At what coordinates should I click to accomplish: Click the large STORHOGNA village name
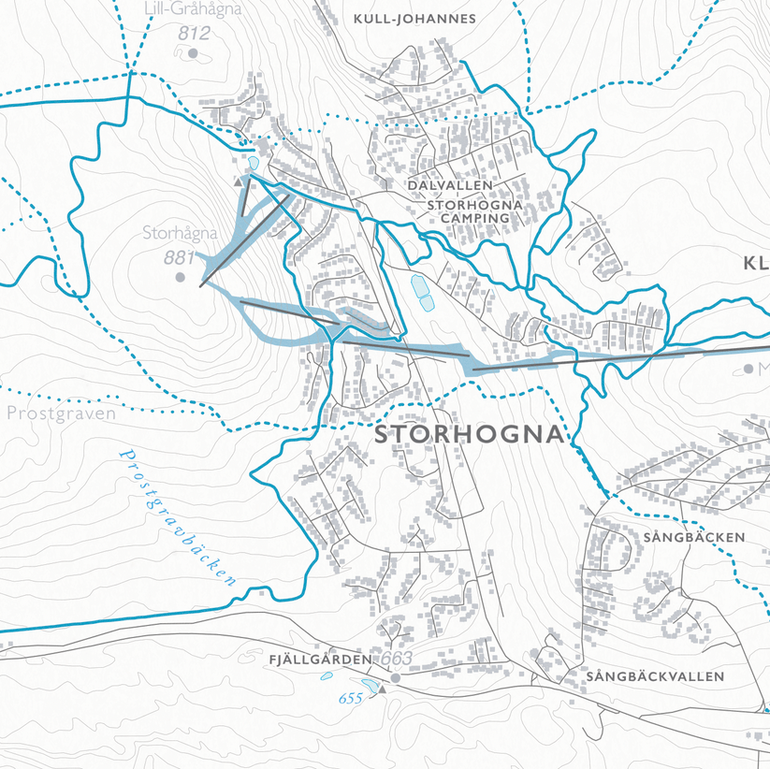tap(471, 435)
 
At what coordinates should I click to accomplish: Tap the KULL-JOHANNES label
tap(414, 18)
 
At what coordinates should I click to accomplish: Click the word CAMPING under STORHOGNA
tap(472, 218)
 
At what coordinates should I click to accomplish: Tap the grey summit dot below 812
tap(194, 53)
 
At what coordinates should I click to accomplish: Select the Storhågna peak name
tap(180, 233)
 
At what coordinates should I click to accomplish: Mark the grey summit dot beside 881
tap(180, 278)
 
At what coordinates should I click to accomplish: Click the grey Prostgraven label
tap(61, 413)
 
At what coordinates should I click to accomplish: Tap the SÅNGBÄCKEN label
tap(693, 537)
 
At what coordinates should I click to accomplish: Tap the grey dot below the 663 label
tap(395, 677)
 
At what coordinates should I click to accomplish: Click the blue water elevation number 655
tap(350, 699)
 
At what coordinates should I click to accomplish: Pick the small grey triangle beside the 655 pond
tap(382, 689)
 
